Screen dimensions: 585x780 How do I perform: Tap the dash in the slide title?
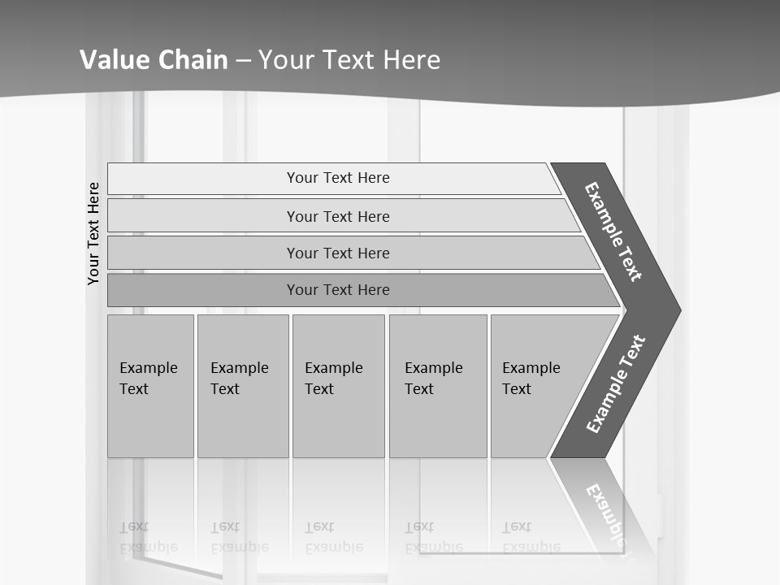[243, 60]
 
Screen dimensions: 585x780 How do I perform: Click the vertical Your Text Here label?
[93, 233]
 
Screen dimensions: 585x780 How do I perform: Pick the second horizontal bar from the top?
[338, 216]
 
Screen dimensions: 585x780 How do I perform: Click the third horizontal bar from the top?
[338, 253]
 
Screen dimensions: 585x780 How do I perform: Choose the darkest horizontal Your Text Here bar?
[338, 290]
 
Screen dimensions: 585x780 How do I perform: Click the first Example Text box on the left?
[150, 386]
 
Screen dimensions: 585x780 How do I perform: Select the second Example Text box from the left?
[242, 386]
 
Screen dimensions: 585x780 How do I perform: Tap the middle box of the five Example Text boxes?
[338, 386]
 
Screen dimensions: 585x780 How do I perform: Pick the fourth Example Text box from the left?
[437, 386]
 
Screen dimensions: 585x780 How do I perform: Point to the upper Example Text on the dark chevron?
[614, 232]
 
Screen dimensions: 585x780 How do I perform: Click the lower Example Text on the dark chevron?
[616, 383]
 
